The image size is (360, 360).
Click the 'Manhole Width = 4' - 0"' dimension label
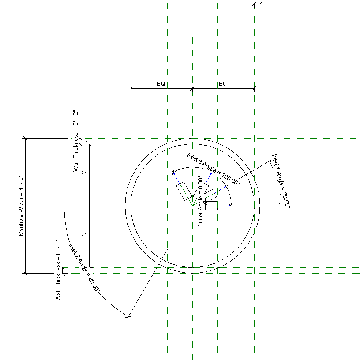tap(21, 206)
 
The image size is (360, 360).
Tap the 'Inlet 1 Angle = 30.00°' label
tap(281, 181)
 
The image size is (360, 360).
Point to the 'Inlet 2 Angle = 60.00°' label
tap(84, 268)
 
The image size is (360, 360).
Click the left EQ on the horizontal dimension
tap(161, 84)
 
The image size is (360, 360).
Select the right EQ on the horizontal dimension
tap(223, 84)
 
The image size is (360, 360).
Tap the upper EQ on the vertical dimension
tap(85, 174)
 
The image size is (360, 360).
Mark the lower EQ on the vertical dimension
tap(85, 236)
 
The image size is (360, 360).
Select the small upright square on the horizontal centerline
tap(211, 205)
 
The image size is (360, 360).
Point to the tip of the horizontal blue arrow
tap(233, 206)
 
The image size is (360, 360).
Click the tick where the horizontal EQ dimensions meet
tap(193, 89)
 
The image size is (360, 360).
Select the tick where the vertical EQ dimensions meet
tap(90, 206)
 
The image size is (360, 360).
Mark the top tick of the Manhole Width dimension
tap(26, 138)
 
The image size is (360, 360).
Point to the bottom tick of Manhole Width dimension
tap(26, 273)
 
